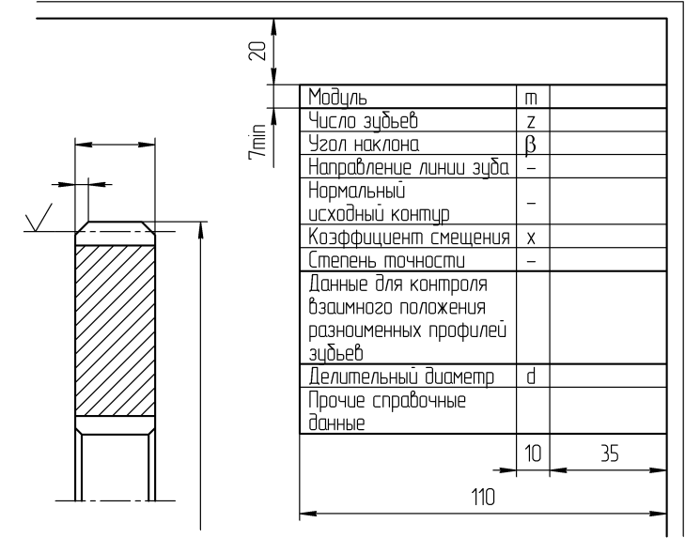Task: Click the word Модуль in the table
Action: coord(337,97)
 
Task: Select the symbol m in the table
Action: coord(531,100)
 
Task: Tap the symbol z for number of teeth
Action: coord(531,122)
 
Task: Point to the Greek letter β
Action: coord(530,146)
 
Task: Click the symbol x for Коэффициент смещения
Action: coord(531,238)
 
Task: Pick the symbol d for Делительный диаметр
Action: coord(531,377)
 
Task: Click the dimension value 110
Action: coord(483,497)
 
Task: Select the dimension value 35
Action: coord(610,454)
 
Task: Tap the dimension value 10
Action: coord(533,454)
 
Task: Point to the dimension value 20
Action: coord(257,51)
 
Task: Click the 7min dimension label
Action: coord(257,142)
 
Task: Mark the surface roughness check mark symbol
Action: coord(39,218)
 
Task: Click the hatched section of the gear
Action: coord(115,330)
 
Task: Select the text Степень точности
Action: coord(386,261)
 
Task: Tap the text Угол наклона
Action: coord(364,144)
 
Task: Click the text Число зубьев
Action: coord(363,121)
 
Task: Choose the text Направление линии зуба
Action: coord(409,167)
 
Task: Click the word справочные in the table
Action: coord(419,400)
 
